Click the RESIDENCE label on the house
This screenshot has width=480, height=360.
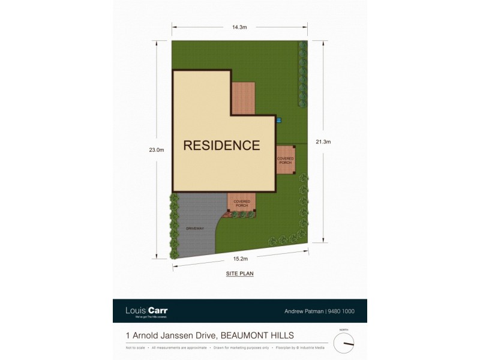click(221, 145)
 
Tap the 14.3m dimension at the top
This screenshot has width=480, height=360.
click(240, 26)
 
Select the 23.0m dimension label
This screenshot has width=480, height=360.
click(157, 150)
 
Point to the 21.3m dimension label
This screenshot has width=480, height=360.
click(323, 142)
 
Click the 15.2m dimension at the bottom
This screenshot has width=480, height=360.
click(240, 259)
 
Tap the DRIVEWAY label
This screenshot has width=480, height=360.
click(195, 228)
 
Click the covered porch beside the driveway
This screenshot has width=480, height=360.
click(241, 203)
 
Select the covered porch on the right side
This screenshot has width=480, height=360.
click(285, 160)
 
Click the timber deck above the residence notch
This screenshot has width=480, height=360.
click(244, 97)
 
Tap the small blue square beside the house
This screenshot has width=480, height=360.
click(278, 120)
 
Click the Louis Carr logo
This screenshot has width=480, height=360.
click(146, 311)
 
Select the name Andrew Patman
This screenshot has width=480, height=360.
click(303, 311)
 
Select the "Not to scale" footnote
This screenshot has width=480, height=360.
click(136, 348)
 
